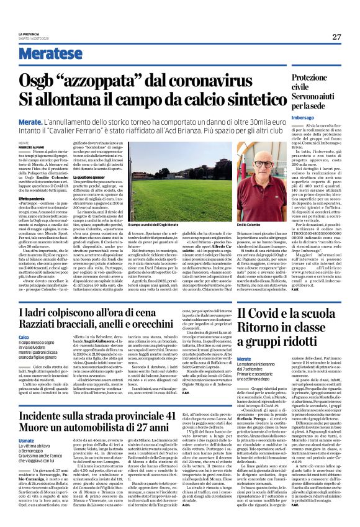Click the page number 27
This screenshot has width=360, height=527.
click(336, 37)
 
